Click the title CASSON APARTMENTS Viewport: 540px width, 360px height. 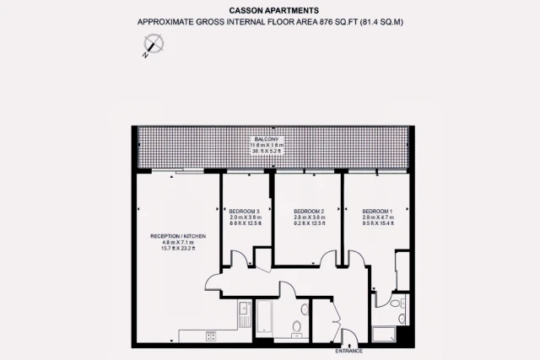click(x=270, y=10)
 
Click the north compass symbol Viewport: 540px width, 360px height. click(x=153, y=46)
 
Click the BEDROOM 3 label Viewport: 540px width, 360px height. click(x=246, y=211)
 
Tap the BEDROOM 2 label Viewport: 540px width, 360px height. click(x=309, y=211)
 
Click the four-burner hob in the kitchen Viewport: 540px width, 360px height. click(x=210, y=336)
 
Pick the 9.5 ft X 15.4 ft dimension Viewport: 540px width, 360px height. click(x=378, y=224)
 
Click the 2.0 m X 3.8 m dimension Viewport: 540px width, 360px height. click(x=246, y=218)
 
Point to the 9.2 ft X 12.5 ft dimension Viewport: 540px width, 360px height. click(x=309, y=224)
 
